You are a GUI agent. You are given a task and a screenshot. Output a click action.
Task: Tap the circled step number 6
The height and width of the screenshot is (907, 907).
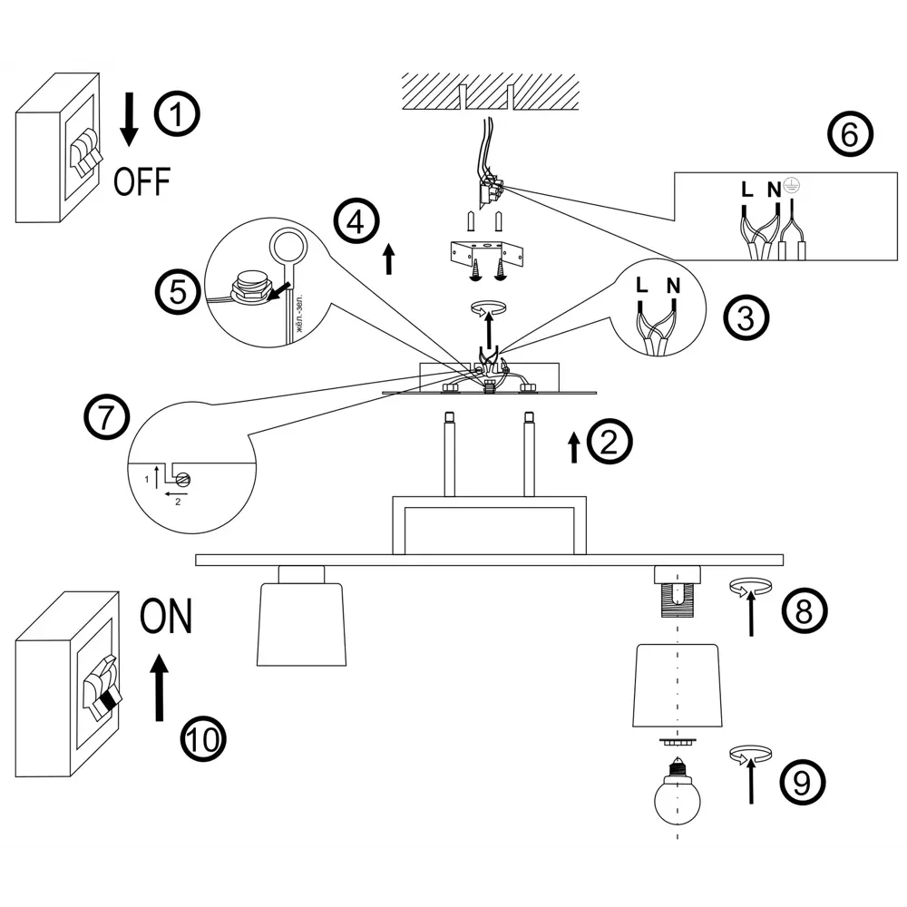851,134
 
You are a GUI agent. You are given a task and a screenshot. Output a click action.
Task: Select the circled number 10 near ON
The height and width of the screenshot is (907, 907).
202,739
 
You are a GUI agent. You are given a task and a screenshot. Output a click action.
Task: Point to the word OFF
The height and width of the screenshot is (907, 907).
141,181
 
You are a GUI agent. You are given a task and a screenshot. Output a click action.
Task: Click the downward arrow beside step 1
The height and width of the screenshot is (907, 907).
130,122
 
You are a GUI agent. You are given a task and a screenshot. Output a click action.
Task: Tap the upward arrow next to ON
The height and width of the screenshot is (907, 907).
160,688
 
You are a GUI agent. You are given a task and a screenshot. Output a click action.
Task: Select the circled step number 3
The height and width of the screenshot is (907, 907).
746,317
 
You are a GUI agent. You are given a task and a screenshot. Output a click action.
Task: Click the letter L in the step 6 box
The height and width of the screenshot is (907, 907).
746,190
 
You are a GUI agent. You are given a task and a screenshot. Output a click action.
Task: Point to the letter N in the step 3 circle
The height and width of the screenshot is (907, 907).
672,287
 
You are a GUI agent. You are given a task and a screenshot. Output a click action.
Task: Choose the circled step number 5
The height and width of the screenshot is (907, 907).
177,292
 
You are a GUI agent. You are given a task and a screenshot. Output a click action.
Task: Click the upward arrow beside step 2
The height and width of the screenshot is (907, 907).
574,447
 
